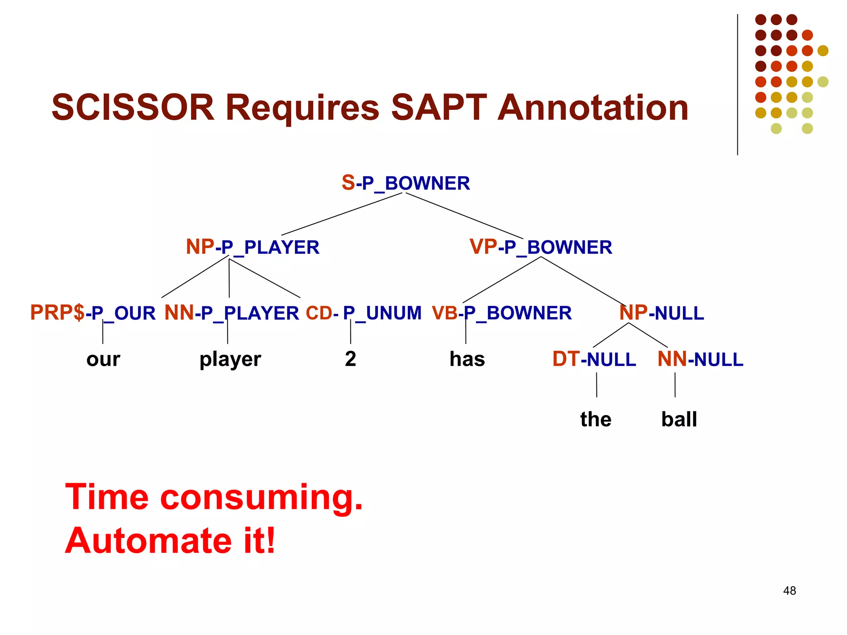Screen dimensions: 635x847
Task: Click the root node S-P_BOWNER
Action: point(406,183)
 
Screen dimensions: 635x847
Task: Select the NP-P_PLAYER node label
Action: point(252,247)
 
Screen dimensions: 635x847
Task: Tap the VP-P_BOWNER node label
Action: point(541,247)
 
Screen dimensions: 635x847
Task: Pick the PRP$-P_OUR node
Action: point(93,313)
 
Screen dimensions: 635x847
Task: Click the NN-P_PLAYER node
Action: point(232,313)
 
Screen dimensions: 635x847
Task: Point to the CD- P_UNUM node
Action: point(364,313)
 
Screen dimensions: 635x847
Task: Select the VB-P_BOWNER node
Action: point(502,313)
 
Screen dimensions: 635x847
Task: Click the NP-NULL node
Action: point(661,313)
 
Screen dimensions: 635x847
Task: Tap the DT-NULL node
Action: point(594,359)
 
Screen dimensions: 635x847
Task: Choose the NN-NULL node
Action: point(700,359)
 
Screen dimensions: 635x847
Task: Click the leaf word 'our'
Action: point(103,359)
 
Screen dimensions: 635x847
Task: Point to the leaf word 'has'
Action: point(467,359)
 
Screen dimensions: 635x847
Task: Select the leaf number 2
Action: point(350,359)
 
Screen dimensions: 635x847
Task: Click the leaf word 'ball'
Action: point(679,419)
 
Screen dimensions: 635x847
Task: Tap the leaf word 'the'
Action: point(596,419)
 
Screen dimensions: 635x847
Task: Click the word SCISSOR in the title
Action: point(133,107)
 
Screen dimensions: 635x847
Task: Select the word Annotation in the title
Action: point(593,107)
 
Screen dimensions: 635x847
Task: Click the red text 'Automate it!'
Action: point(170,541)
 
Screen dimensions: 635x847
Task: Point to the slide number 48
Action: point(789,591)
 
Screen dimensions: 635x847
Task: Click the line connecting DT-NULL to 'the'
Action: point(596,385)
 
